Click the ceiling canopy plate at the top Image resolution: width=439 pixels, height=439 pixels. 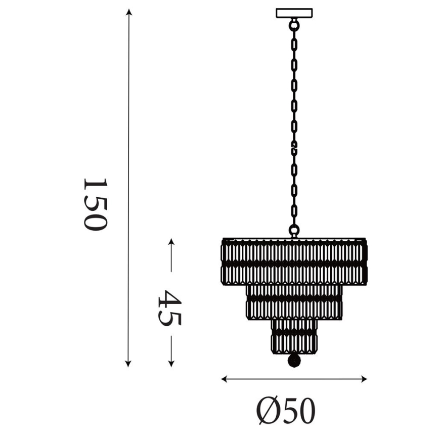click(x=294, y=13)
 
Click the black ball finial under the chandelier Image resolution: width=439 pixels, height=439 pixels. click(x=294, y=360)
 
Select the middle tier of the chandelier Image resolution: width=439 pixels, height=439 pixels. click(x=294, y=301)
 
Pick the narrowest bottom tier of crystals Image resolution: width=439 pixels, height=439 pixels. click(x=294, y=335)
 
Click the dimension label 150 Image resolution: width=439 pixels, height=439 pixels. click(x=95, y=204)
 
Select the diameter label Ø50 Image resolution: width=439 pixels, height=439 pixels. click(x=286, y=411)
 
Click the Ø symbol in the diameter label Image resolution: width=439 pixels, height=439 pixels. click(x=268, y=411)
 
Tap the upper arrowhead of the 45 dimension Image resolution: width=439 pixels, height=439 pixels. click(x=171, y=242)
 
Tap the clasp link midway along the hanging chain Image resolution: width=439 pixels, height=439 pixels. click(x=294, y=148)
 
